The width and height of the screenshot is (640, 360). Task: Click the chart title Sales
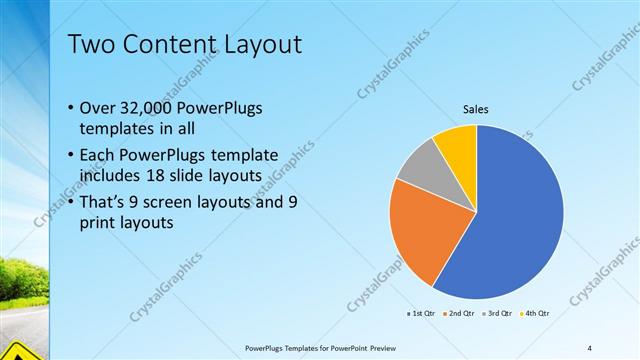(475, 110)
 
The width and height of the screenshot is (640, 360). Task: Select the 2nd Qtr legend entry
(459, 314)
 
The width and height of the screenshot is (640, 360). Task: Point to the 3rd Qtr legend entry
(499, 314)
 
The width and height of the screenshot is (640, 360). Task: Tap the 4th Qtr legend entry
(537, 314)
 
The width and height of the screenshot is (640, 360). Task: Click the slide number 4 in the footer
(589, 347)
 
